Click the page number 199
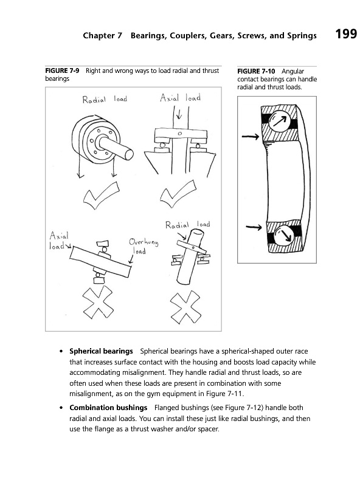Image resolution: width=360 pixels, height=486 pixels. (x=346, y=33)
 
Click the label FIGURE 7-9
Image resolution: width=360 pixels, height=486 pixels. (x=62, y=70)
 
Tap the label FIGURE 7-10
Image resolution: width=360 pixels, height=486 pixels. (x=256, y=71)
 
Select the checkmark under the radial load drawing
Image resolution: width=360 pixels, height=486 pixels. (x=102, y=196)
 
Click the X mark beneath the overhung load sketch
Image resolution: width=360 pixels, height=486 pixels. (x=98, y=301)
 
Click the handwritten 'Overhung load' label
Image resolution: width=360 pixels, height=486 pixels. (x=144, y=246)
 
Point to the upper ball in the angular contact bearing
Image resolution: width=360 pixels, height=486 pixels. (x=279, y=121)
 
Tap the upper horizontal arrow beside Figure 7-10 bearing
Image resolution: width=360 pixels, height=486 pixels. (x=251, y=136)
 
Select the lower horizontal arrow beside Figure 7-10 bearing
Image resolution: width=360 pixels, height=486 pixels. (x=254, y=227)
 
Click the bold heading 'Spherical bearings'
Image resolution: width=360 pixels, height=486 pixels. (x=101, y=351)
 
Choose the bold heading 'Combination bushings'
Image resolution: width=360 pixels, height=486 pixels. (x=108, y=408)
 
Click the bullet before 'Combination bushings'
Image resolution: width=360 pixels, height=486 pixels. (x=62, y=408)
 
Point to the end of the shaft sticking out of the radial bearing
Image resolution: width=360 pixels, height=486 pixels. (x=128, y=154)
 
